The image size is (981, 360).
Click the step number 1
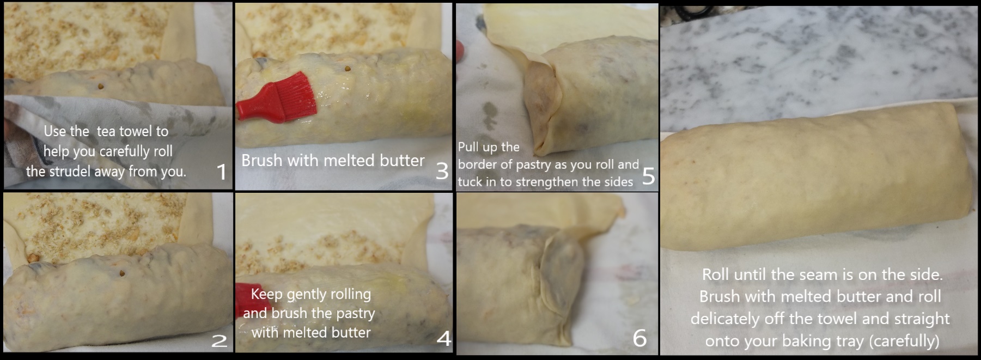coord(221,172)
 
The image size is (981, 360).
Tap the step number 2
coord(219,341)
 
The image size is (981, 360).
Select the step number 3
coord(442,171)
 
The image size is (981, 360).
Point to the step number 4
coord(444,339)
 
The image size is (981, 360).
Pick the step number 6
coord(639,338)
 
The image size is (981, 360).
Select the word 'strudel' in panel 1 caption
coord(69,172)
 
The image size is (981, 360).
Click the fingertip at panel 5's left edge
coord(461,51)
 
